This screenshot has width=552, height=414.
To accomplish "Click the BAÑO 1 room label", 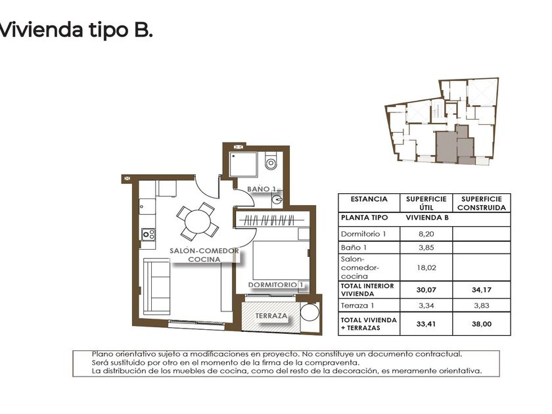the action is click(x=262, y=189).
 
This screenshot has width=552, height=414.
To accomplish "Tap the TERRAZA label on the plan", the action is click(x=271, y=316).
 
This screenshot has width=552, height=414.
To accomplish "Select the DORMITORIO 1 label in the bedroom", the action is click(x=276, y=285).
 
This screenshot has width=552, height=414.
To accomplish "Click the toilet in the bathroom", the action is click(x=271, y=161).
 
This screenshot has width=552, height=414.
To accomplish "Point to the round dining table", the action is click(x=198, y=221).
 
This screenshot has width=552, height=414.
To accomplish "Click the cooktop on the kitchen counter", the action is click(x=149, y=235).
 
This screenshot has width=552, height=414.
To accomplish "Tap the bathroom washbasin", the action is click(x=277, y=200).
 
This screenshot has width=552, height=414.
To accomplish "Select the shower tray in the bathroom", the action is click(x=244, y=164).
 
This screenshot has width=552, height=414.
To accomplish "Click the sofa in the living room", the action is click(x=156, y=287).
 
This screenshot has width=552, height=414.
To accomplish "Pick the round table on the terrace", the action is click(x=310, y=312).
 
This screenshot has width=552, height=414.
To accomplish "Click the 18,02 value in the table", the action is click(x=426, y=267).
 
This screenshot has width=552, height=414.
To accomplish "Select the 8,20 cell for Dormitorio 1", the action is click(x=426, y=234).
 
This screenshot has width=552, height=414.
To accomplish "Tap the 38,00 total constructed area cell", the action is click(x=481, y=324).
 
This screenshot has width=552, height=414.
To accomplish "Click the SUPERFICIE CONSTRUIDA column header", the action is click(x=481, y=203).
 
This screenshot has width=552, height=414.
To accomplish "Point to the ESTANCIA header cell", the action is click(x=369, y=199).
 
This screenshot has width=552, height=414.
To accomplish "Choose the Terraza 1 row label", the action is click(x=357, y=306).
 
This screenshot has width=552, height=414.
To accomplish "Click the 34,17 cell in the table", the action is click(x=481, y=290).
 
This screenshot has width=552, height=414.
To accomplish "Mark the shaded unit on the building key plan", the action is click(x=455, y=145).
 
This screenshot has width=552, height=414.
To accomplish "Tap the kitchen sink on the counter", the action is click(x=147, y=206).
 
